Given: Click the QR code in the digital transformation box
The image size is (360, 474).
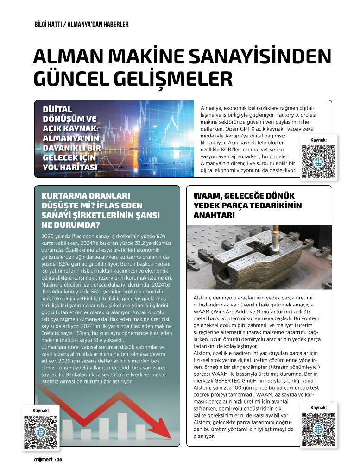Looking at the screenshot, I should click(x=318, y=162).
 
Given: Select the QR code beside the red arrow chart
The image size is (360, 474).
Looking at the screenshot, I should click(x=41, y=432).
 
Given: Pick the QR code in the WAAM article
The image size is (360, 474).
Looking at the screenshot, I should click(x=318, y=429).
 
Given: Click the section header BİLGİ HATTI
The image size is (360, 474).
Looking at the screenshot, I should click(x=50, y=25).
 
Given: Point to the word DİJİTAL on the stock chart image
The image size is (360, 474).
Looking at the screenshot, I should click(x=57, y=109).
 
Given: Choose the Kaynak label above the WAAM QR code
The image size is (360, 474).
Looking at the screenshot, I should click(x=318, y=407).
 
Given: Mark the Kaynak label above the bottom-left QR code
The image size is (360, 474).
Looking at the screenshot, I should click(x=41, y=410).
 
